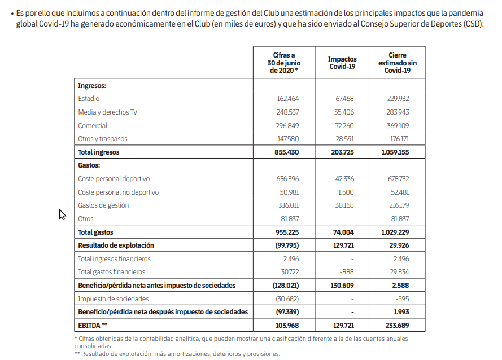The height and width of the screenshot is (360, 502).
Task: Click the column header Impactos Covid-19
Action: [342, 63]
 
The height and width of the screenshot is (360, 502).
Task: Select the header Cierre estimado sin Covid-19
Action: [397, 63]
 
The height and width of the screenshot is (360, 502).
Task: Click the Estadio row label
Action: [89, 99]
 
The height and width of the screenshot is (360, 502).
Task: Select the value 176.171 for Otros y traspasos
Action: [397, 139]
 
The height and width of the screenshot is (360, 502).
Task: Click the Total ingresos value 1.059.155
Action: [395, 152]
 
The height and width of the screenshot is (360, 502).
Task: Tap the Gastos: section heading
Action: [89, 165]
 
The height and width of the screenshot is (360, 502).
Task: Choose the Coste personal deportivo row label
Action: [114, 179]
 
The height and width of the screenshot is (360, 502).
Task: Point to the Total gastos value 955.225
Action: [286, 232]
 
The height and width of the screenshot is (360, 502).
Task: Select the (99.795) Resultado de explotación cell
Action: [286, 245]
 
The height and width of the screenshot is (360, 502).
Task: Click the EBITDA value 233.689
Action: [395, 326]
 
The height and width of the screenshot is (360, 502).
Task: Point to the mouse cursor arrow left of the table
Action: [62, 214]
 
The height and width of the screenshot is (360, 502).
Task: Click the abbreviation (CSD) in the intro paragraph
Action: [470, 25]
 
